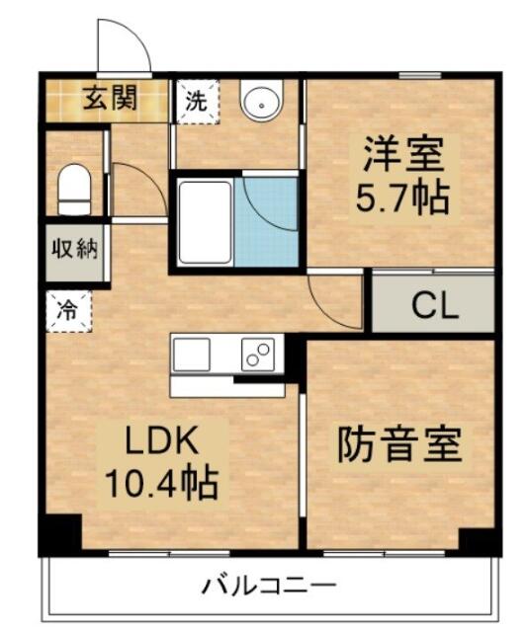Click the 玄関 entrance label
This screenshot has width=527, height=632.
pyautogui.click(x=110, y=98)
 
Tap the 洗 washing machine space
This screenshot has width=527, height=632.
pyautogui.click(x=197, y=101)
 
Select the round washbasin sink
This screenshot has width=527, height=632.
pyautogui.click(x=262, y=101)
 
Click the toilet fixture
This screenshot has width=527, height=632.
pyautogui.click(x=74, y=190)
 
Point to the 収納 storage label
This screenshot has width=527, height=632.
pyautogui.click(x=75, y=250)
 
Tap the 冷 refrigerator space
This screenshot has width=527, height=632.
pyautogui.click(x=68, y=311)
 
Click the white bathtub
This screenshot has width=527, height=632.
pyautogui.click(x=205, y=222)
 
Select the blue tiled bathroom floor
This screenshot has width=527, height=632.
pyautogui.click(x=266, y=222)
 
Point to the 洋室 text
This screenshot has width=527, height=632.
pyautogui.click(x=403, y=154)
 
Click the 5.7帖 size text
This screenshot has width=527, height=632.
pyautogui.click(x=402, y=197)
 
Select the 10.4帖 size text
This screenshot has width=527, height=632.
pyautogui.click(x=162, y=483)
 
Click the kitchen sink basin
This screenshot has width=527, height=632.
pyautogui.click(x=192, y=355)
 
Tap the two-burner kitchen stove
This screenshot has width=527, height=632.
pyautogui.click(x=258, y=355)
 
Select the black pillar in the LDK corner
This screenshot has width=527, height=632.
pyautogui.click(x=60, y=534)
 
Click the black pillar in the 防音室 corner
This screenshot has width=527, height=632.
pyautogui.click(x=481, y=542)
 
